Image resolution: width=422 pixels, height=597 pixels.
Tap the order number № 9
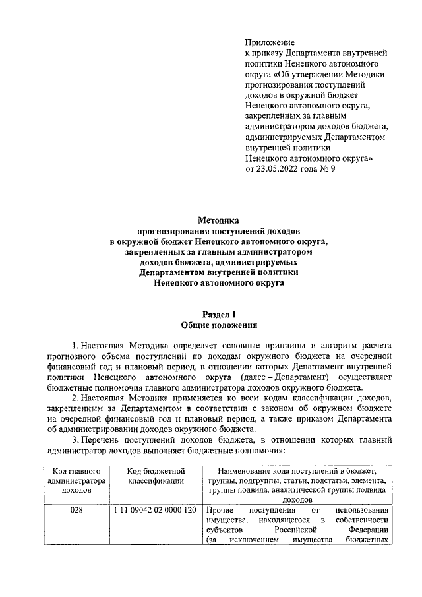(x=328, y=169)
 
